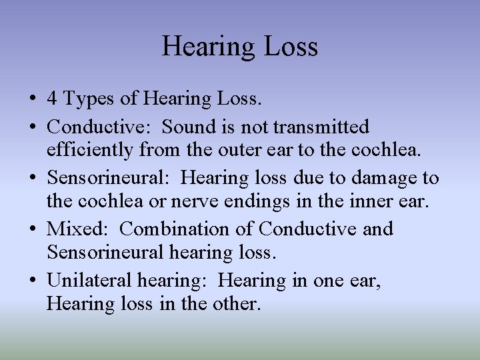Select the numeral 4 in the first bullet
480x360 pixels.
click(x=51, y=100)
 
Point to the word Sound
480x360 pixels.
click(x=186, y=126)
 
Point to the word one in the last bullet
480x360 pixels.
click(x=325, y=281)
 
